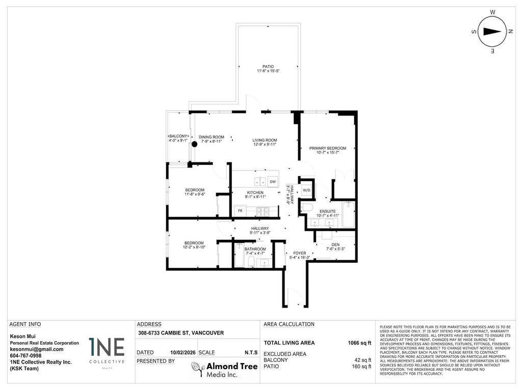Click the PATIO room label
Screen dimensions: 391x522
(x=268, y=67)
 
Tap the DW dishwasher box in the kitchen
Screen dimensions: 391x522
(x=273, y=182)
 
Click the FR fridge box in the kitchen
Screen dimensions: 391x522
(x=239, y=210)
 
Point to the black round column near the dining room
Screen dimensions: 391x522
(x=194, y=144)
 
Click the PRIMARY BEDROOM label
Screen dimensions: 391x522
(x=328, y=148)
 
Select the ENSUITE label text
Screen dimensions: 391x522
(x=328, y=211)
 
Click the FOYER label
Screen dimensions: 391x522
(x=299, y=253)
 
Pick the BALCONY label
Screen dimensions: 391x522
(x=178, y=136)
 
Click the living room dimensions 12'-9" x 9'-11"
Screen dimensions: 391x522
(x=265, y=145)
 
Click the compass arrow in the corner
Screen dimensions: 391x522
(x=492, y=31)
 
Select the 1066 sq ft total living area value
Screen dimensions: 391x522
(x=360, y=343)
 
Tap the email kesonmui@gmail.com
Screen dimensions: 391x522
(x=37, y=349)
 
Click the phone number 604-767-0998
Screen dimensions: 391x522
(x=26, y=356)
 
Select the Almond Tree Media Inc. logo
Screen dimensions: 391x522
(x=224, y=370)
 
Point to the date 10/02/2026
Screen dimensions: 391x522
(x=182, y=352)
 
